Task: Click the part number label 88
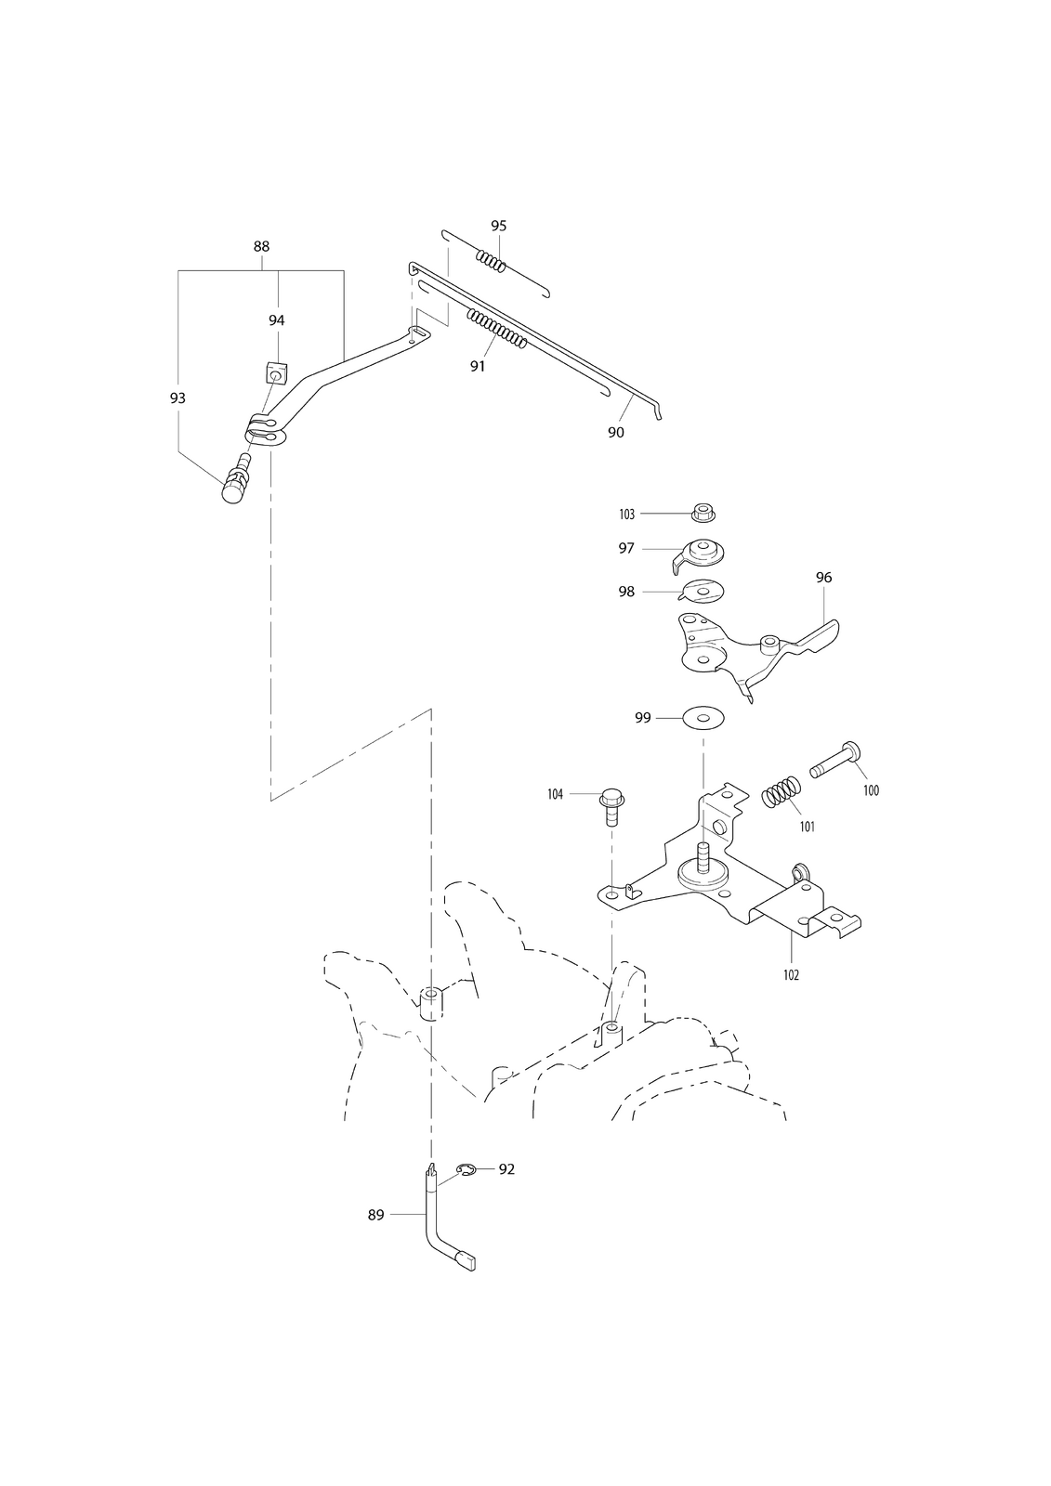(261, 246)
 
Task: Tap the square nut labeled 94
(275, 374)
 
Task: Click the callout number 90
(615, 433)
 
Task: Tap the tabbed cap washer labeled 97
(697, 554)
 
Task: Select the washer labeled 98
(703, 591)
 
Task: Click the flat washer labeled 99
(703, 718)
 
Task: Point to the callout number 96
(823, 578)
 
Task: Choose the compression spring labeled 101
(783, 791)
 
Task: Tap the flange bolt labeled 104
(611, 805)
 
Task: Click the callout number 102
(791, 975)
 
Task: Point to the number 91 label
(478, 366)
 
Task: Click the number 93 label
(177, 398)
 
